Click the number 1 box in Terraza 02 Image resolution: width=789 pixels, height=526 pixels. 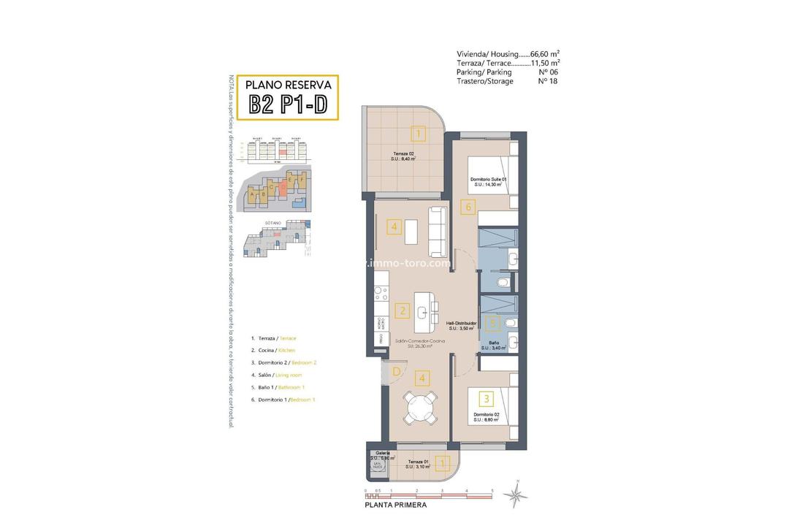click(417, 134)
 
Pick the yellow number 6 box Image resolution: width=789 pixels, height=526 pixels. click(468, 207)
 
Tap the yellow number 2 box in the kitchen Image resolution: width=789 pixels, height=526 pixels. click(402, 310)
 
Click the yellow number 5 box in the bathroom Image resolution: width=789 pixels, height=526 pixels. click(493, 322)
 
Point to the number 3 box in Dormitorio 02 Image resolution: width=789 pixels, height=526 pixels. click(486, 399)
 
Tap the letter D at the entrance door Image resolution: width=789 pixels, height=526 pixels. click(395, 372)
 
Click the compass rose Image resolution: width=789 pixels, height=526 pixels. click(517, 495)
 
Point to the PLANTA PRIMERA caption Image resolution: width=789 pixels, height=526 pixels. click(394, 505)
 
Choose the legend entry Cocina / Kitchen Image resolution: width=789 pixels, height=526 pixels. click(273, 351)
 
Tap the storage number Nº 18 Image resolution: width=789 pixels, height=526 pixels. click(546, 81)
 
